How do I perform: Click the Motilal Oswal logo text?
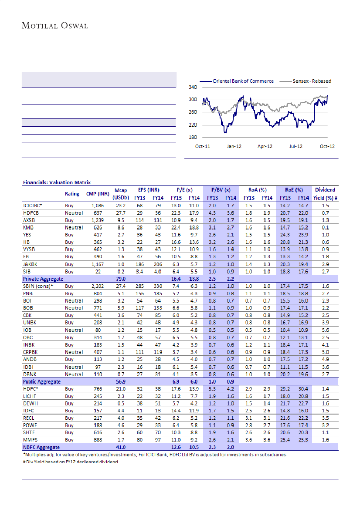55,26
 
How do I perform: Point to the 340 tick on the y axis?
192,87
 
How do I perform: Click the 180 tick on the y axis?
192,138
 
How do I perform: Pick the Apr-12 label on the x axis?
265,146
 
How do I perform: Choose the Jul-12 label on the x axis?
295,146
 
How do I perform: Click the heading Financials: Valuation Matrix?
57,182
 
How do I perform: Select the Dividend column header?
325,190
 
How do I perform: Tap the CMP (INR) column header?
97,194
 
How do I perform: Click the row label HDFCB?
31,212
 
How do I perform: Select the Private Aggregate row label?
43,279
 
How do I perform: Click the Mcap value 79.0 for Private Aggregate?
120,279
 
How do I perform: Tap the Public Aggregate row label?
42,381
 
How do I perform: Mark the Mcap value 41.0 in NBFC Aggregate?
120,447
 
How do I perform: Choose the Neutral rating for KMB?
74,227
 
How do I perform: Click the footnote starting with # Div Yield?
70,462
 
